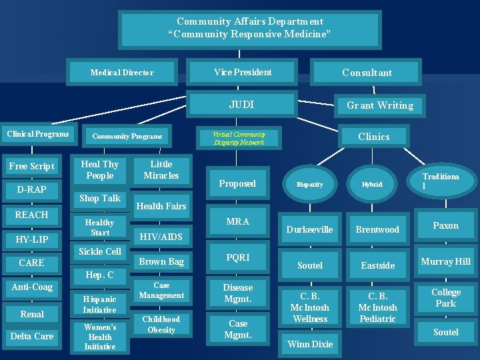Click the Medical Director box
[x=122, y=73]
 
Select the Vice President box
[x=243, y=72]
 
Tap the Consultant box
[x=367, y=73]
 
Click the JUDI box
[x=241, y=105]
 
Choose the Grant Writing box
[x=379, y=105]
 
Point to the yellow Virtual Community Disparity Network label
[x=239, y=138]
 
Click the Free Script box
[x=32, y=166]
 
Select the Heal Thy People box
[x=99, y=170]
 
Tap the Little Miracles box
[x=161, y=170]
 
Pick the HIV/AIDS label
[x=160, y=236]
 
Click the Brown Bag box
[x=161, y=261]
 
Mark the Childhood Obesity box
[x=161, y=325]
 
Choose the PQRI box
[x=237, y=257]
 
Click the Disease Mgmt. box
[x=238, y=293]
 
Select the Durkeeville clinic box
[x=310, y=229]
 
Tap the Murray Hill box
[x=445, y=261]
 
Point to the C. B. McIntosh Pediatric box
[x=377, y=307]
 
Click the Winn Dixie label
[x=310, y=344]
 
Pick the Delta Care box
[x=32, y=336]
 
